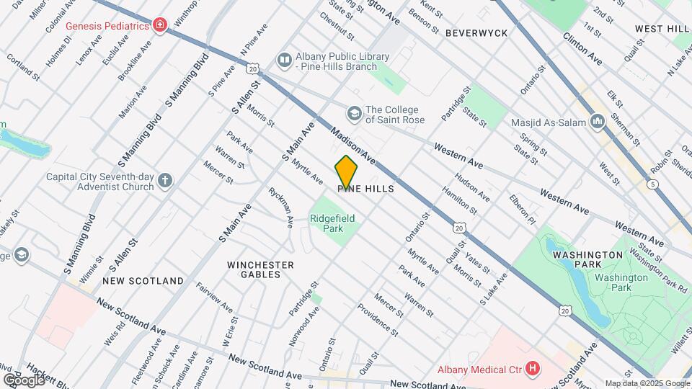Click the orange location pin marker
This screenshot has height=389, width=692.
(346, 173)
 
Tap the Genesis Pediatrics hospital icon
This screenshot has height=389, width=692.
(159, 27)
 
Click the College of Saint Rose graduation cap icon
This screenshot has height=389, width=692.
(354, 113)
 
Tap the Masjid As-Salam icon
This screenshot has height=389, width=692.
(597, 122)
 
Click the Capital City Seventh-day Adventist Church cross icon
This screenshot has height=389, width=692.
(165, 180)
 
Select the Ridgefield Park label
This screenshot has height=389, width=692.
(332, 223)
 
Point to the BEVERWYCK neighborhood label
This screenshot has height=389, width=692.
(476, 33)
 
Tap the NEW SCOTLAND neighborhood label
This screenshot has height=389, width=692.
(143, 280)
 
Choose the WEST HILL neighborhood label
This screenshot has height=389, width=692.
(662, 28)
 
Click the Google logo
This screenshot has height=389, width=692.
(24, 380)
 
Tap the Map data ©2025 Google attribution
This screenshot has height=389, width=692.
(647, 383)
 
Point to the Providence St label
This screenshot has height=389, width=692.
(378, 320)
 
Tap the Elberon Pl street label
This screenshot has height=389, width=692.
(523, 209)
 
